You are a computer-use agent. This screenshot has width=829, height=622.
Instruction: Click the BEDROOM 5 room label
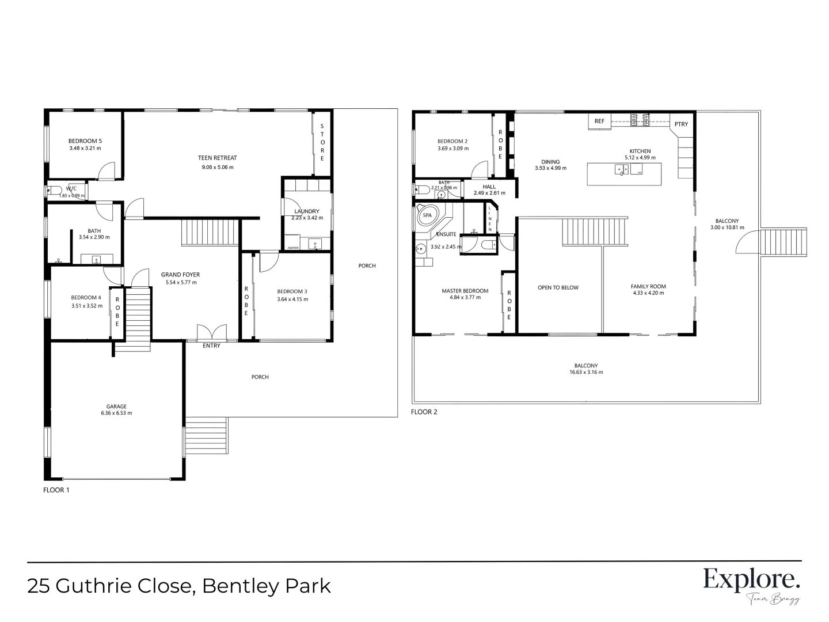point(85,141)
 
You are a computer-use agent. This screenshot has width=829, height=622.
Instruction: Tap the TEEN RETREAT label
point(217,158)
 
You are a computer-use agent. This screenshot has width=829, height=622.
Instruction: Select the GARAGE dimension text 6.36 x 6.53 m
point(116,413)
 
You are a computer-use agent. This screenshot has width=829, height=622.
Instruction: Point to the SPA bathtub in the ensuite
point(427,215)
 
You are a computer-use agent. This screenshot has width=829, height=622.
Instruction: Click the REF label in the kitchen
point(599,122)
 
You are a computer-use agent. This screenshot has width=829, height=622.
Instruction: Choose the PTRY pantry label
point(681,124)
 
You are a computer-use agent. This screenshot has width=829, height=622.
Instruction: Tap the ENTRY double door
point(211,333)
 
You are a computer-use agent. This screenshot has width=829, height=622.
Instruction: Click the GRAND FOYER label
point(180,275)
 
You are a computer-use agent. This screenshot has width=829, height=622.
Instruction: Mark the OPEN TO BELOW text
point(558,287)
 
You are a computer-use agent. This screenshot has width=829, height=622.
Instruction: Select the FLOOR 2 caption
point(424,412)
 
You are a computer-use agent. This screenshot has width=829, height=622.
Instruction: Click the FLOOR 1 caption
point(56,490)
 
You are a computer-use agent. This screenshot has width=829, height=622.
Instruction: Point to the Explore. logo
point(751,580)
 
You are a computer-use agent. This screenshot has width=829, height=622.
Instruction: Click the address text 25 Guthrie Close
point(109,586)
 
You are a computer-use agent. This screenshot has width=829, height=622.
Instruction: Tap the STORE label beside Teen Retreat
point(322,142)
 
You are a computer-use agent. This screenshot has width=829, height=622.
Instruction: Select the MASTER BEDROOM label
point(465,291)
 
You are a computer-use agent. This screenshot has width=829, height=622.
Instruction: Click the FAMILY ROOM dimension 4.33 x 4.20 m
point(648,293)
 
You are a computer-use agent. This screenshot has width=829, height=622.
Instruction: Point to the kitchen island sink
point(621,170)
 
